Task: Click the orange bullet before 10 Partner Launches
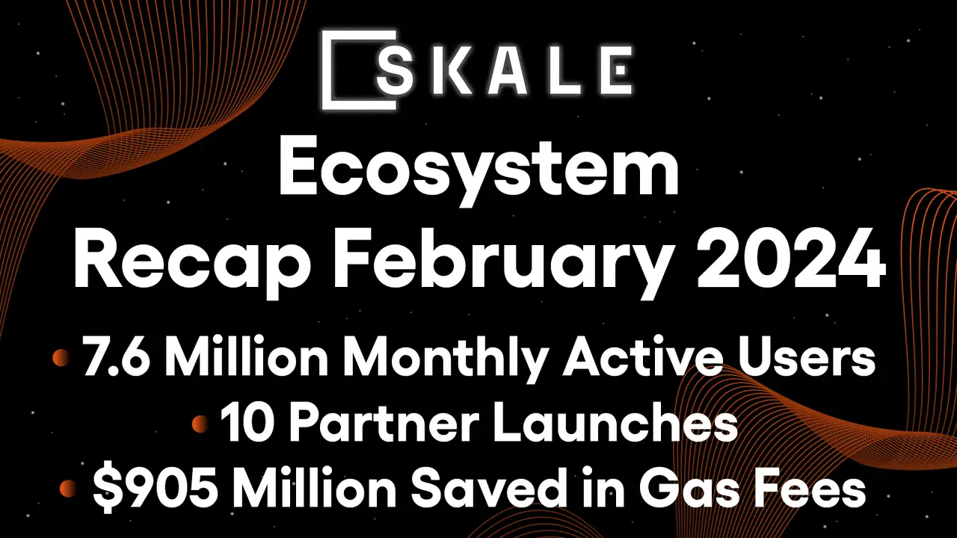(200, 425)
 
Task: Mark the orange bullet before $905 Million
(69, 490)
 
